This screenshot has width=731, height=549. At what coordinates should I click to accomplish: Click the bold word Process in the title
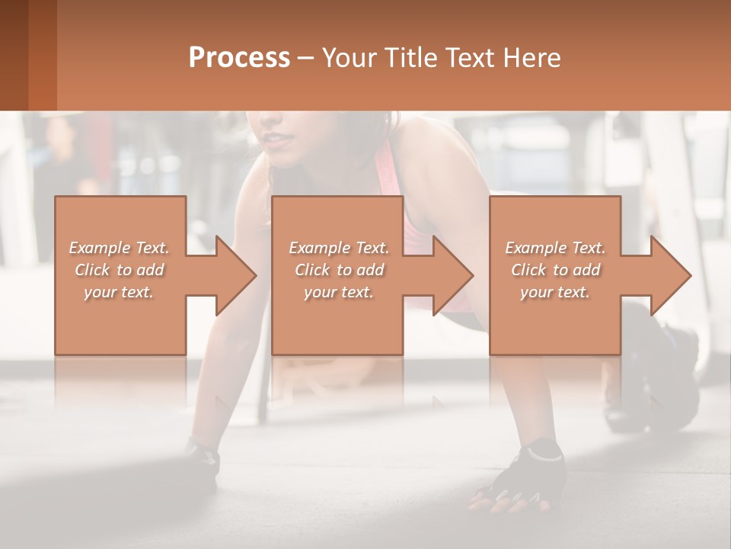click(239, 57)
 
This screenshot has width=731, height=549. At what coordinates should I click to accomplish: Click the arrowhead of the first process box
click(237, 275)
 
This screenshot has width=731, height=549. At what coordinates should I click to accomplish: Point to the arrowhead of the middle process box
click(454, 275)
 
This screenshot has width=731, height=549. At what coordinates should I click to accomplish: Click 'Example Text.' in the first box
click(119, 248)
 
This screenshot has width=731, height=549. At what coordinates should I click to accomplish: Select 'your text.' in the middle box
click(339, 292)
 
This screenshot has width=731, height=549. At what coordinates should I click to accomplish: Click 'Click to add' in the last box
click(555, 270)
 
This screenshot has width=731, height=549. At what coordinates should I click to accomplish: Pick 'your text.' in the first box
click(119, 292)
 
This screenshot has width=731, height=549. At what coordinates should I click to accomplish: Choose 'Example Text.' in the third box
click(555, 248)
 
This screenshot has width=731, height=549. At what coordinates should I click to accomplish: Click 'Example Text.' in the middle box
click(339, 248)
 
